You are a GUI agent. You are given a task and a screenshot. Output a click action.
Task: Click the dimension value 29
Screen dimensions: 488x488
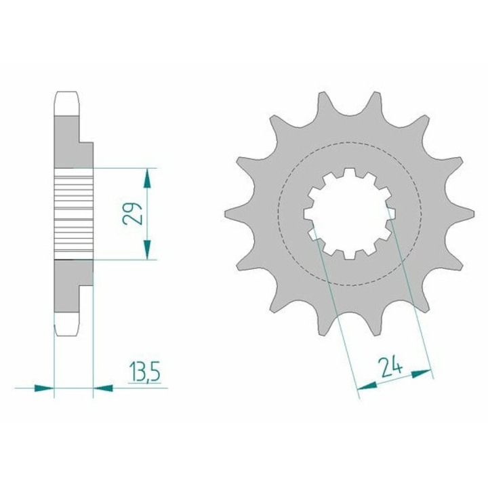click(132, 213)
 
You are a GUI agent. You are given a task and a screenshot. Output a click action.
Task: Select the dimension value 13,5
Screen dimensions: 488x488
click(144, 372)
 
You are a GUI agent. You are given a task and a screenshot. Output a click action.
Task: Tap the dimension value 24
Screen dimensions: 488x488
click(390, 367)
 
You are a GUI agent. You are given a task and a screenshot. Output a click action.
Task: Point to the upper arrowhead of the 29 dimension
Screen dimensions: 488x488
click(147, 178)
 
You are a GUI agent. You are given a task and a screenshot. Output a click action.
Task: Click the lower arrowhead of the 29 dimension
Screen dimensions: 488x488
click(147, 249)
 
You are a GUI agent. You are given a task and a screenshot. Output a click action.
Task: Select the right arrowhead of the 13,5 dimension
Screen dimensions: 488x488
click(103, 388)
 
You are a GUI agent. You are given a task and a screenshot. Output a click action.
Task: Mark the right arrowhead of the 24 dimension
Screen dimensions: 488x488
click(422, 373)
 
